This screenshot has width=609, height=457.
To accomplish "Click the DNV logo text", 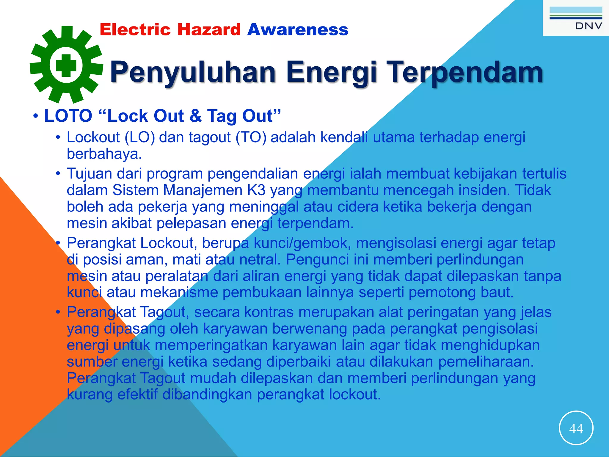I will point(588,26).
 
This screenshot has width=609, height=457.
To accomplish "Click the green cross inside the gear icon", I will point(66,65).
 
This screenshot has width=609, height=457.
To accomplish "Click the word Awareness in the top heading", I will point(298,30).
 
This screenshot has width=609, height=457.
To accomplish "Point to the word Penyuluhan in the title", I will point(193,72).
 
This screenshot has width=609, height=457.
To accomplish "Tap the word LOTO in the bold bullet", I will point(68,116).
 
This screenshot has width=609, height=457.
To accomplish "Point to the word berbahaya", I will point(104,154).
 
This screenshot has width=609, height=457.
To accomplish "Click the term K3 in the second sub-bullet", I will point(256,190).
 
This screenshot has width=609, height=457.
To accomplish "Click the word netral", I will point(260,260).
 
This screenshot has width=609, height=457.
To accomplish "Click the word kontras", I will point(269,312).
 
